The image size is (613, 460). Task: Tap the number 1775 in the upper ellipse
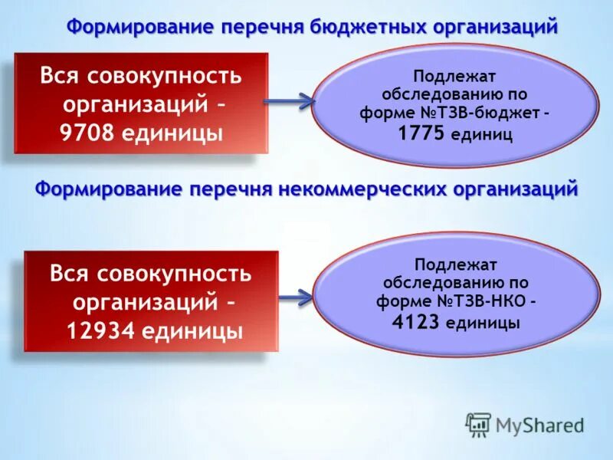[x=421, y=134]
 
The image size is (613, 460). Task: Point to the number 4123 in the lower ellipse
[x=416, y=322]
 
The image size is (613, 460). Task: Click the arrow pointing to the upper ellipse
[x=289, y=100]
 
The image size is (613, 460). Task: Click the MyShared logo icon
[x=478, y=424]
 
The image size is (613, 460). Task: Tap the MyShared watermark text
[x=539, y=425]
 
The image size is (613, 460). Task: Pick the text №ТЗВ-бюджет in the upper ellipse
[x=483, y=111]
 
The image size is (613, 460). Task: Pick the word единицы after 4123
[x=483, y=323]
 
